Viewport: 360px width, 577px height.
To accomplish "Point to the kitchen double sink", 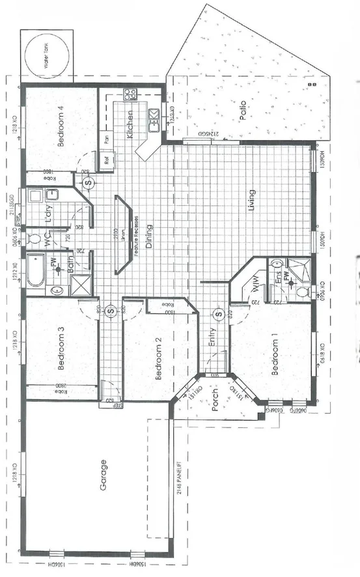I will (x=155, y=119).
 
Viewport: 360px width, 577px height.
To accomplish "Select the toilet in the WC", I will (x=34, y=238).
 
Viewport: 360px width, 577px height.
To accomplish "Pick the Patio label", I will (x=242, y=107).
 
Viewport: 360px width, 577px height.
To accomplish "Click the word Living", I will (x=251, y=201).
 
